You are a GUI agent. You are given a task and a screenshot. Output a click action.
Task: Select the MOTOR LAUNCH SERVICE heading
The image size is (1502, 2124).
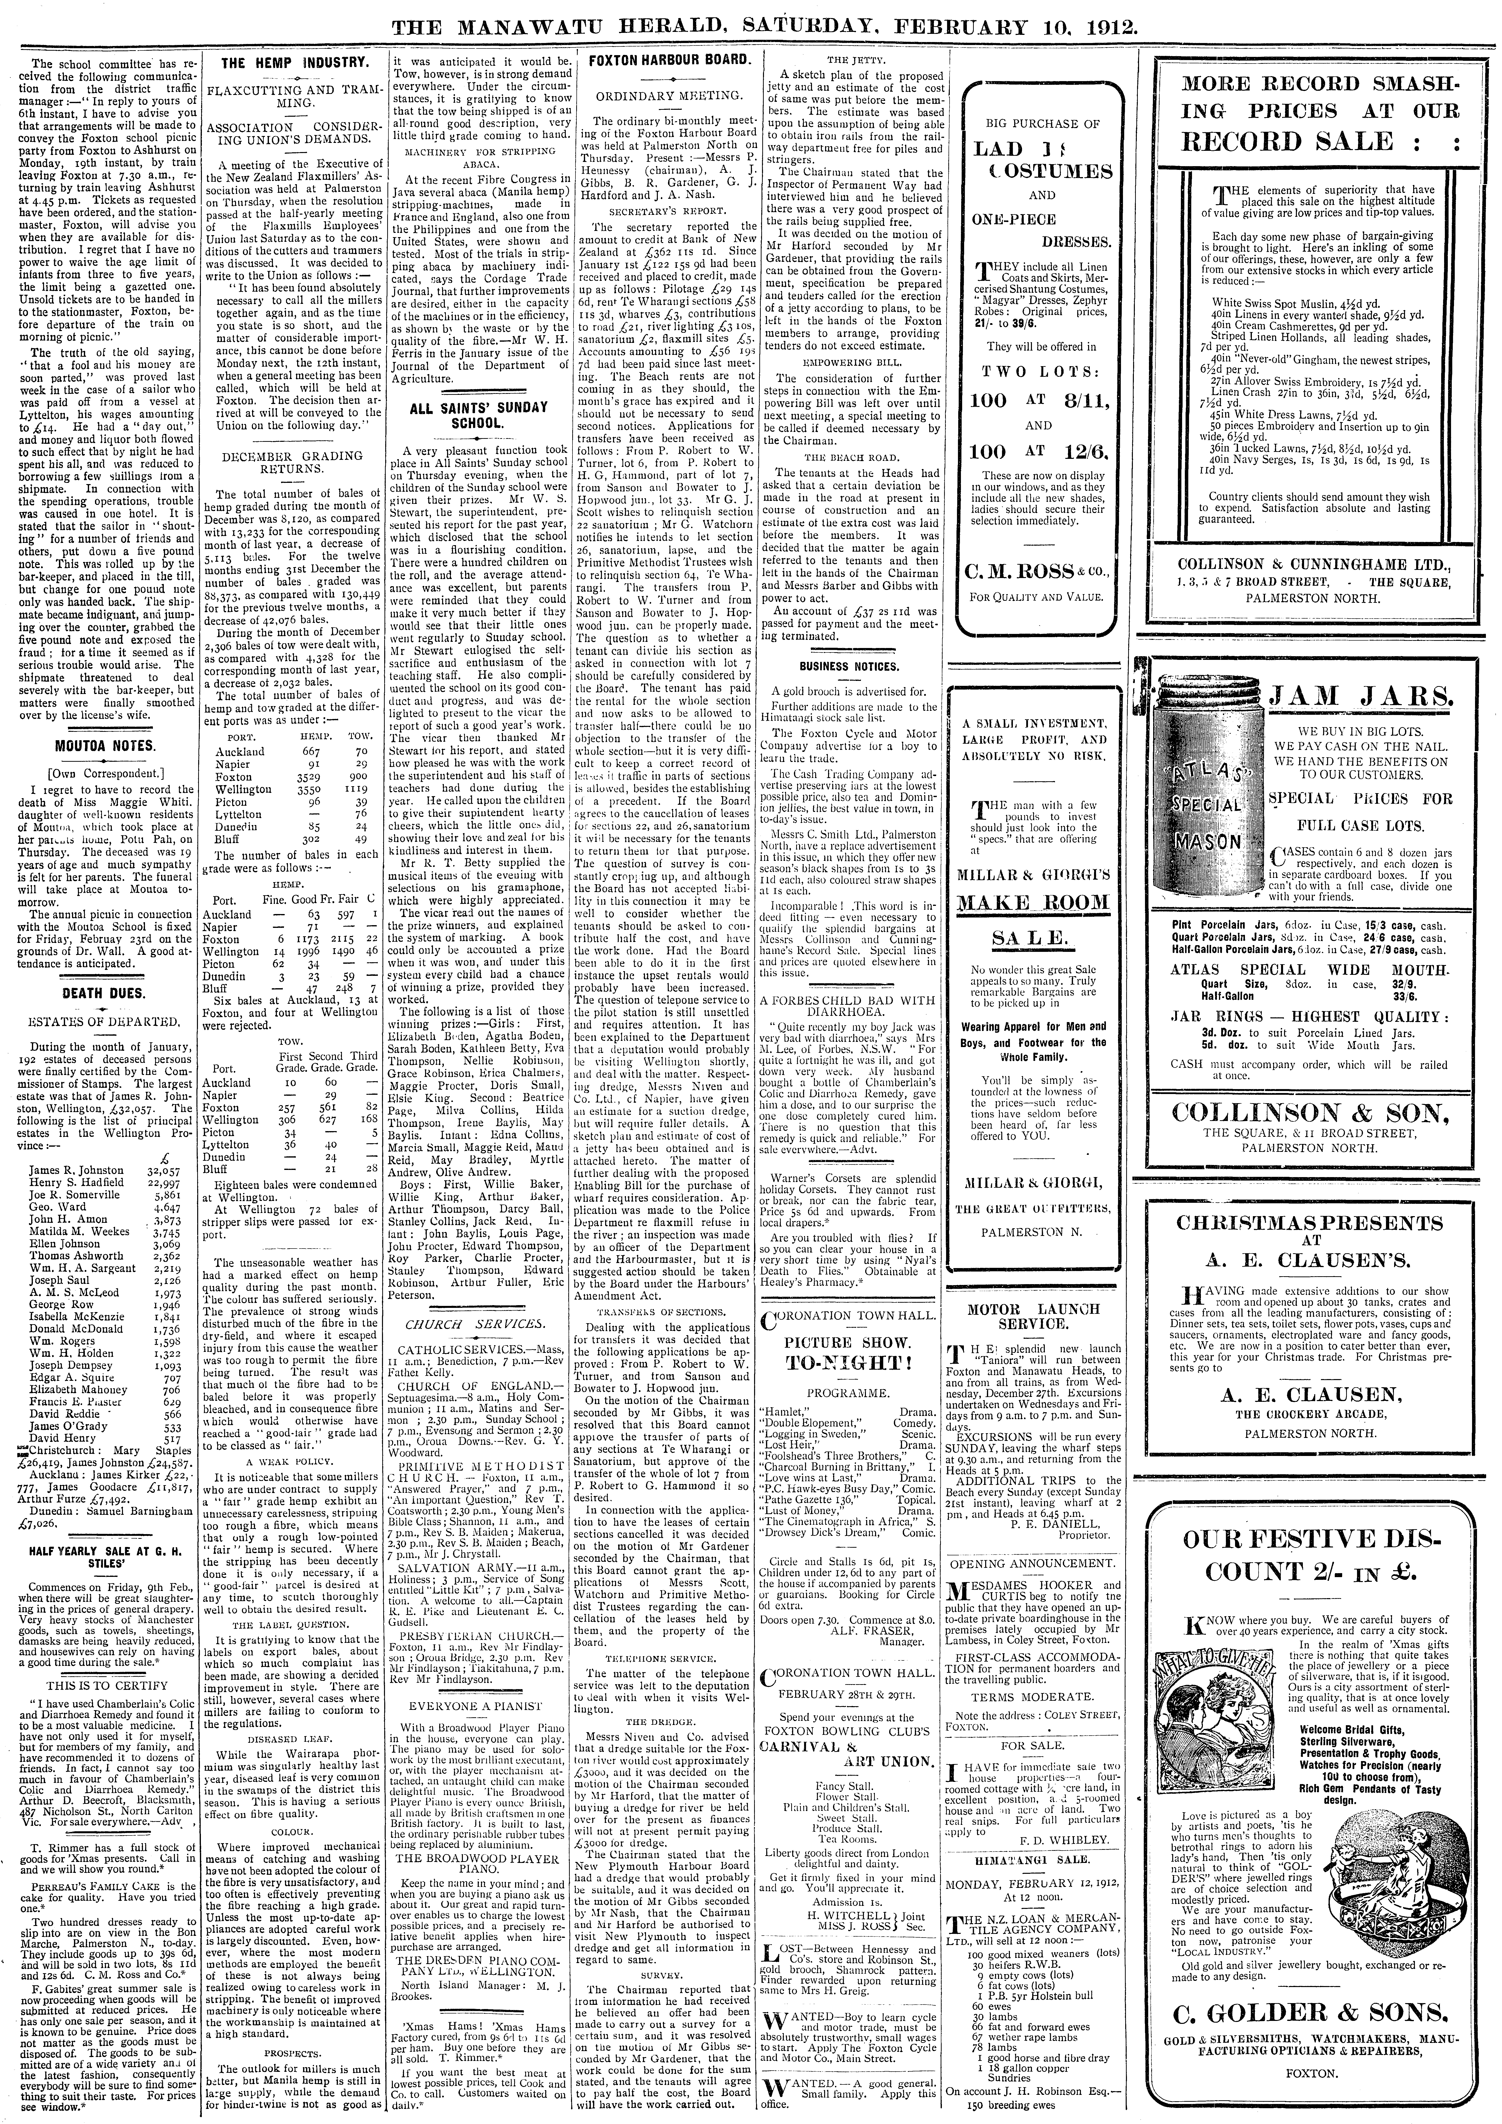click(x=1033, y=1316)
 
